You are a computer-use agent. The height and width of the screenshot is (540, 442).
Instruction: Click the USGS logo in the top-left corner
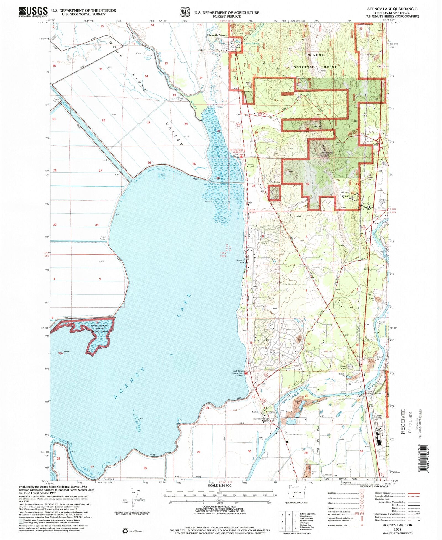click(33, 12)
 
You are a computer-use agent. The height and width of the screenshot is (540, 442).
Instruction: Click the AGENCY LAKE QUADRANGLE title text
click(392, 9)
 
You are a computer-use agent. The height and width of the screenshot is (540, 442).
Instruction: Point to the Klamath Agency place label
click(217, 35)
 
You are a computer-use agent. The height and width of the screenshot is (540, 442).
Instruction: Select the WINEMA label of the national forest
click(316, 55)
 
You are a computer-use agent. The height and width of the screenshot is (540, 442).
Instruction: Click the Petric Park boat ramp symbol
click(241, 156)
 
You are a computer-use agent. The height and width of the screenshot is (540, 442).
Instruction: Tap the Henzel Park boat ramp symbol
click(246, 373)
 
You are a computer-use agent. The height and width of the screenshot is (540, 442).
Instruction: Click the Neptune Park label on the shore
click(240, 261)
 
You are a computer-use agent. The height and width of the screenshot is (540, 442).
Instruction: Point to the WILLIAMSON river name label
click(293, 397)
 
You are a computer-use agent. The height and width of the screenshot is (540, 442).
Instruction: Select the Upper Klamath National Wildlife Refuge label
click(100, 328)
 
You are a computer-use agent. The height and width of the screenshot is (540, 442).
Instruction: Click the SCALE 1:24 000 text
click(220, 485)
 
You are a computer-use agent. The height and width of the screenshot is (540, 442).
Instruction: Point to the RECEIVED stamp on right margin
click(403, 421)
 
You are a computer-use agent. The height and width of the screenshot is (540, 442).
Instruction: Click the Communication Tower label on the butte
click(326, 154)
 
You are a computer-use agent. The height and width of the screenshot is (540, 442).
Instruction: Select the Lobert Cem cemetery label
click(251, 165)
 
